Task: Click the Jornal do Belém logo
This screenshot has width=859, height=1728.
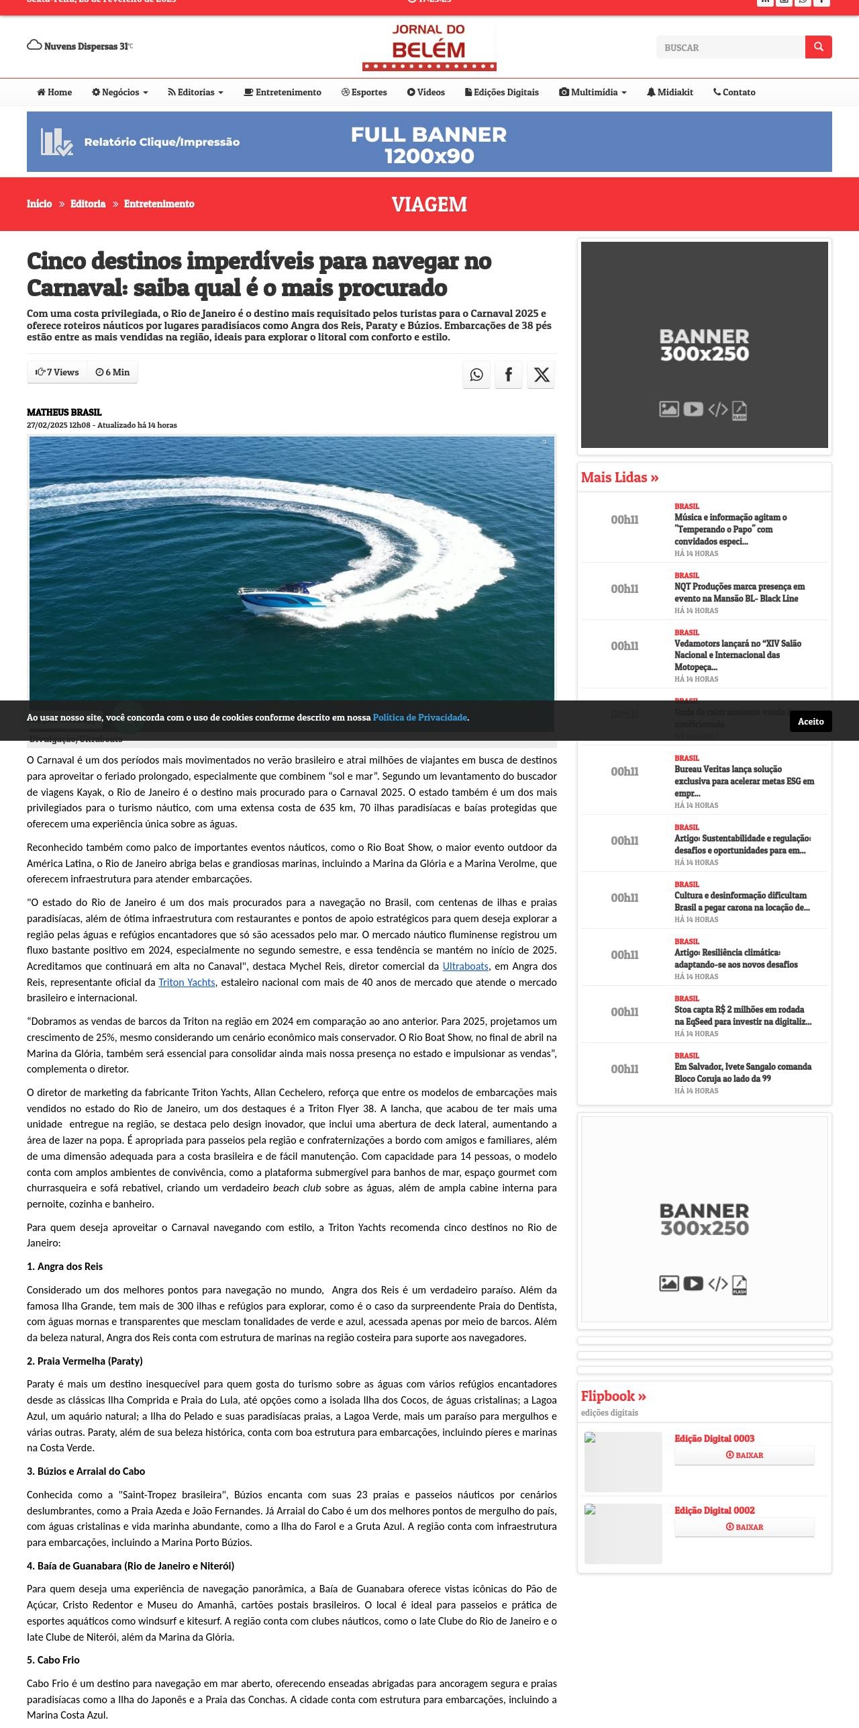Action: tap(429, 46)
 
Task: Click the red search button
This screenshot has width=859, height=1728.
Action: tap(818, 47)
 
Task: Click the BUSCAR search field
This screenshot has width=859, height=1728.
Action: tap(730, 48)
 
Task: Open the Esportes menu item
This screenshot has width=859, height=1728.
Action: tap(364, 93)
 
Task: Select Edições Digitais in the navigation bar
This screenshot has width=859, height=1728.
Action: tap(502, 93)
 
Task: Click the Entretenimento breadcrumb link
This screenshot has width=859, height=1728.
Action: tap(159, 204)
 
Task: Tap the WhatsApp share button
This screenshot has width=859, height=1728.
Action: tap(476, 375)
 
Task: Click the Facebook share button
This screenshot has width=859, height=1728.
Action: tap(509, 375)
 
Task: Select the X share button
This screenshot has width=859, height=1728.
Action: tap(542, 375)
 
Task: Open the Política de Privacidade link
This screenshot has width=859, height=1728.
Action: tap(419, 718)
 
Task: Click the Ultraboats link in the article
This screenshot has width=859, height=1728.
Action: tap(465, 966)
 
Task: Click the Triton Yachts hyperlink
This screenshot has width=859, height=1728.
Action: tap(187, 983)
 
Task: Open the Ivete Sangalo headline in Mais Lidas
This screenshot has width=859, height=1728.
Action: tap(742, 1073)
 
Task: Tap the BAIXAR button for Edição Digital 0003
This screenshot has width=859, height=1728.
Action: tap(744, 1455)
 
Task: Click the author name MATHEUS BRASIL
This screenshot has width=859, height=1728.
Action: tap(64, 412)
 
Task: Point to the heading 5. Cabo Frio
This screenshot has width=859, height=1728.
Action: tap(53, 1660)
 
